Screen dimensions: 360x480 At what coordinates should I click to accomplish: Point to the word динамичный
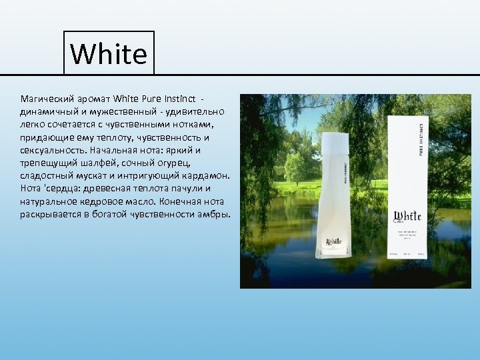[47, 112]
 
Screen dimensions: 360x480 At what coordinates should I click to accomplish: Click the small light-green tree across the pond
[293, 168]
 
